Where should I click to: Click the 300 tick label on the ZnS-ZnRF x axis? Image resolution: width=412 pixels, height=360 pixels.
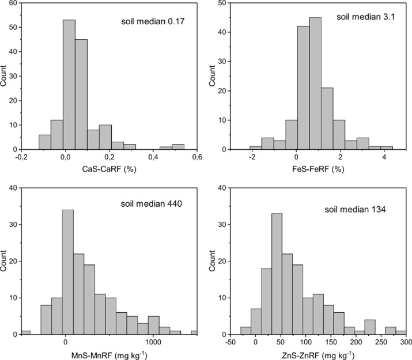coord(404,340)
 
